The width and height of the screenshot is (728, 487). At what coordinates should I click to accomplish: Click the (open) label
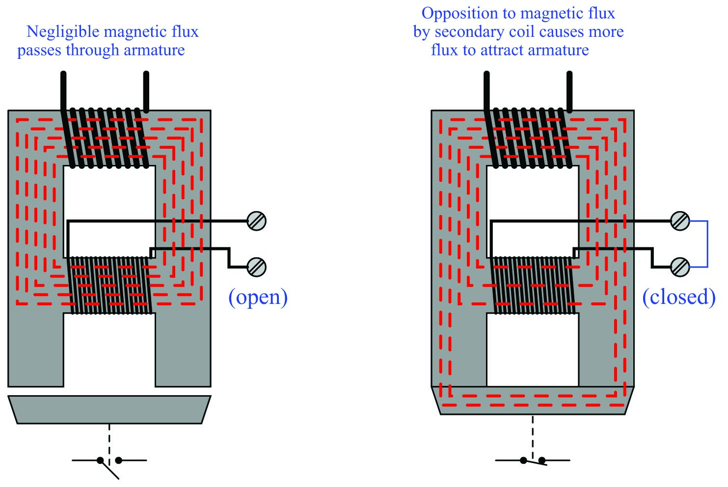(258, 297)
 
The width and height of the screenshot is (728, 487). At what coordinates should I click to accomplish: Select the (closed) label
(678, 297)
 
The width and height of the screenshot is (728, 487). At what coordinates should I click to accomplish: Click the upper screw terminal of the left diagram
(256, 221)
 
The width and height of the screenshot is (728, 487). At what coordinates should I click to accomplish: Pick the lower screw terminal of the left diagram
(256, 267)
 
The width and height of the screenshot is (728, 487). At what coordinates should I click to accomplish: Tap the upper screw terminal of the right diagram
(680, 221)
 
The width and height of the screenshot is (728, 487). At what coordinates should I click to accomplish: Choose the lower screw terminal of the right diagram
(680, 267)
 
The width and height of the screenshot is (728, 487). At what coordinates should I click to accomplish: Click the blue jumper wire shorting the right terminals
(707, 244)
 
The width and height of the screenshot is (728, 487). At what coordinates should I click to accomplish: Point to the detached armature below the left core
(109, 409)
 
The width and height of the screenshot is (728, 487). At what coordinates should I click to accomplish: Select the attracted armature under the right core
(533, 401)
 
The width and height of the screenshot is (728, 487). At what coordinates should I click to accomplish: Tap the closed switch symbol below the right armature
(533, 460)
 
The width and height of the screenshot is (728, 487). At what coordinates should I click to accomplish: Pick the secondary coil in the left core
(109, 285)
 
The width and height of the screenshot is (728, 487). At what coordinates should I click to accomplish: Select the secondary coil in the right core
(533, 285)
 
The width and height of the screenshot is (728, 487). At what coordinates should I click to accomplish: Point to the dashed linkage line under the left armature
(109, 439)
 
